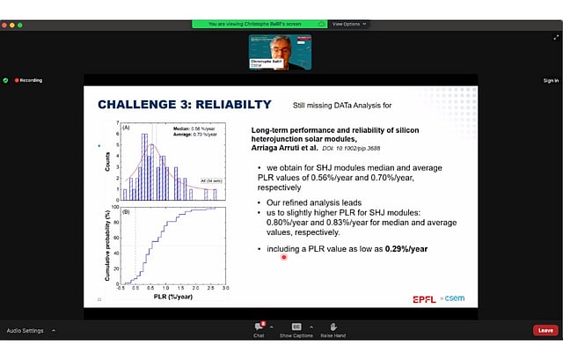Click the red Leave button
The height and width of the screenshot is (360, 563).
[x=545, y=330]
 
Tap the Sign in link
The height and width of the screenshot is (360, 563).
[x=551, y=80]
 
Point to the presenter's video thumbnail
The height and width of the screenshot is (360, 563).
[x=281, y=52]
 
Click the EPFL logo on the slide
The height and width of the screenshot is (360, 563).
[x=425, y=299]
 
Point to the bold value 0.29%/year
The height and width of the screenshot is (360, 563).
[x=400, y=249]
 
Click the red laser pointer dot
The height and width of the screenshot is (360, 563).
[x=283, y=257]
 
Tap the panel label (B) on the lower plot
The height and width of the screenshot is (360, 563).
[x=126, y=211]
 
